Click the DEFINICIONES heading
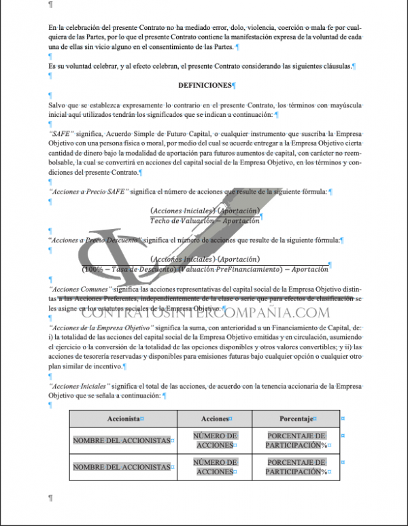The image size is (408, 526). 205,86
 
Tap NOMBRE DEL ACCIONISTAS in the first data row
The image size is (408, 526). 121,440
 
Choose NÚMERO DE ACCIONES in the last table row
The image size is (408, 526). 216,466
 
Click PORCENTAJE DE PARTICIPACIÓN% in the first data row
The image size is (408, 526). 296,440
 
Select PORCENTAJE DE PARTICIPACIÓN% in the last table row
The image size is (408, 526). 296,466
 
